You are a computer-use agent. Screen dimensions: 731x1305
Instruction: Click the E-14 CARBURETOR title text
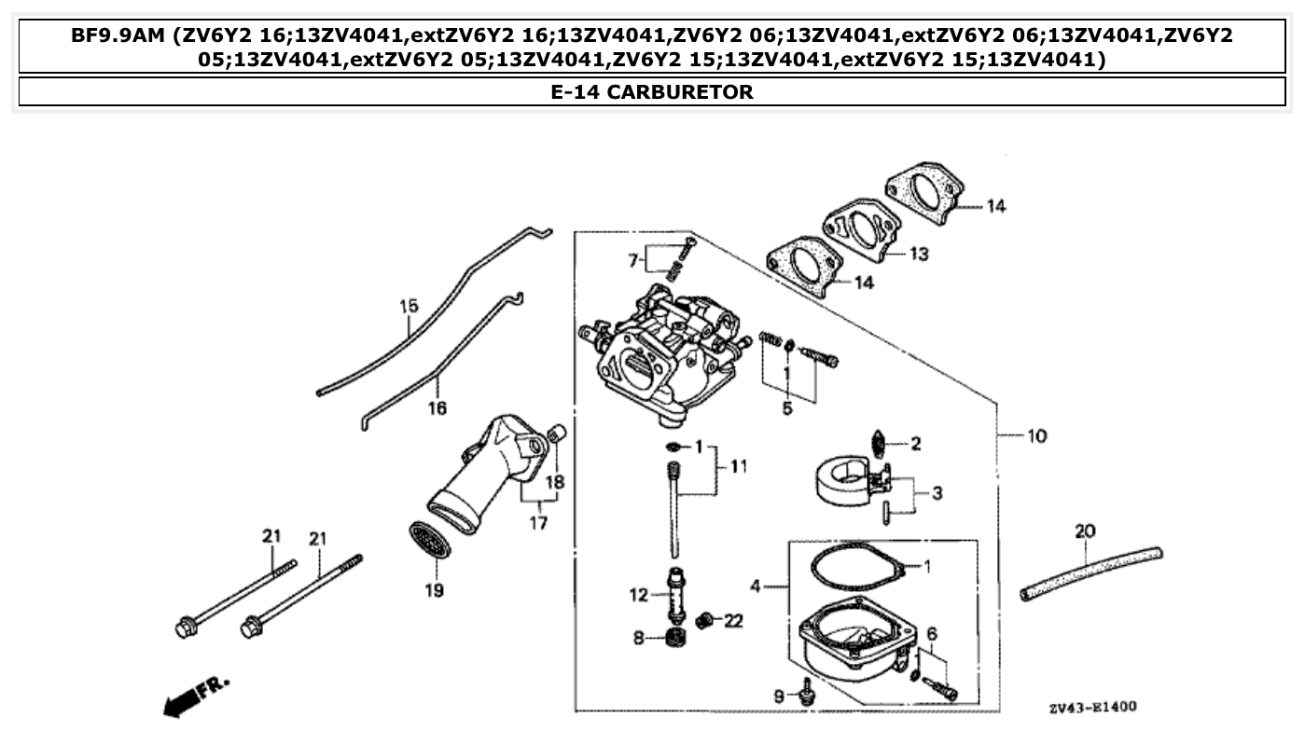click(652, 92)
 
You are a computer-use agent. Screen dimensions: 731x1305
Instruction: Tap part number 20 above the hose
click(1085, 531)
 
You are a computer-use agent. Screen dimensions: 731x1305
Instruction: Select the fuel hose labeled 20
click(1091, 572)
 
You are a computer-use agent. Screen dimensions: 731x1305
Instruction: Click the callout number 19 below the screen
click(435, 590)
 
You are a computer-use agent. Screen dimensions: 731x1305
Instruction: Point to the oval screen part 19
click(429, 540)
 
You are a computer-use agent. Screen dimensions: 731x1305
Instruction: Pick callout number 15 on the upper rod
click(409, 306)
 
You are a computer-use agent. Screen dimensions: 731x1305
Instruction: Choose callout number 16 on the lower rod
click(437, 407)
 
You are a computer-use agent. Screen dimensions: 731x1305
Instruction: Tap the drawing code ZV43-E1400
click(1092, 708)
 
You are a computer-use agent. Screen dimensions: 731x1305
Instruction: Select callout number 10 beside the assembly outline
click(1036, 435)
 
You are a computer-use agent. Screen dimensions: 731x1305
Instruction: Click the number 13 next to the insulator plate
click(919, 254)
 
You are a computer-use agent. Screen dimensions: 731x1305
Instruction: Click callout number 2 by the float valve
click(915, 444)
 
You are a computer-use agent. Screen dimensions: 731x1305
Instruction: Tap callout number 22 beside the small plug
click(733, 621)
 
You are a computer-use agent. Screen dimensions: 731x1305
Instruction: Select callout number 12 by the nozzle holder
click(638, 594)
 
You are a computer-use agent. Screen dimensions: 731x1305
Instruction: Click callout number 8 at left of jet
click(639, 639)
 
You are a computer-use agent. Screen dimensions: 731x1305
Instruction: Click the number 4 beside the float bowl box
click(757, 586)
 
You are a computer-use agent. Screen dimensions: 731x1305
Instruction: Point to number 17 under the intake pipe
click(538, 522)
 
